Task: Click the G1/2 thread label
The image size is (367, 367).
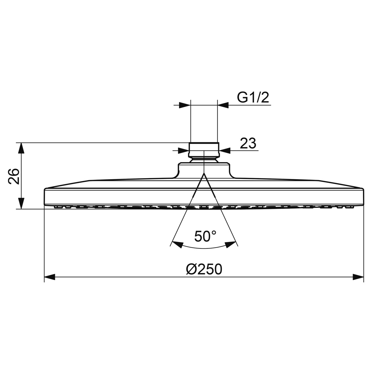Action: click(x=253, y=98)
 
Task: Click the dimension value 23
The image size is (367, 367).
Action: click(x=248, y=143)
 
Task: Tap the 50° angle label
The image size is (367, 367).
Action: click(x=205, y=236)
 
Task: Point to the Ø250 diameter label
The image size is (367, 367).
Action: click(x=204, y=270)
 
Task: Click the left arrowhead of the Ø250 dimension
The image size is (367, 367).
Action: click(x=49, y=277)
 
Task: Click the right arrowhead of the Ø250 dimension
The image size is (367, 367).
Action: click(x=359, y=277)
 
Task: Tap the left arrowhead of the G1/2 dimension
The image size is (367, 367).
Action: click(x=185, y=106)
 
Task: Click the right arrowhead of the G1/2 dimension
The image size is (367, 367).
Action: click(x=223, y=106)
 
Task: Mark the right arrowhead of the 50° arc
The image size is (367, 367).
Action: click(x=230, y=244)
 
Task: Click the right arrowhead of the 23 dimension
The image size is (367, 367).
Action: click(x=224, y=150)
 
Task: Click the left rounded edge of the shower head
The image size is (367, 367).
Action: click(x=45, y=198)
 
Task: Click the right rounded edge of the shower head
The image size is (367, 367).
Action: click(x=362, y=198)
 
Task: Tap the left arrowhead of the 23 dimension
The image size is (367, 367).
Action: click(x=183, y=150)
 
